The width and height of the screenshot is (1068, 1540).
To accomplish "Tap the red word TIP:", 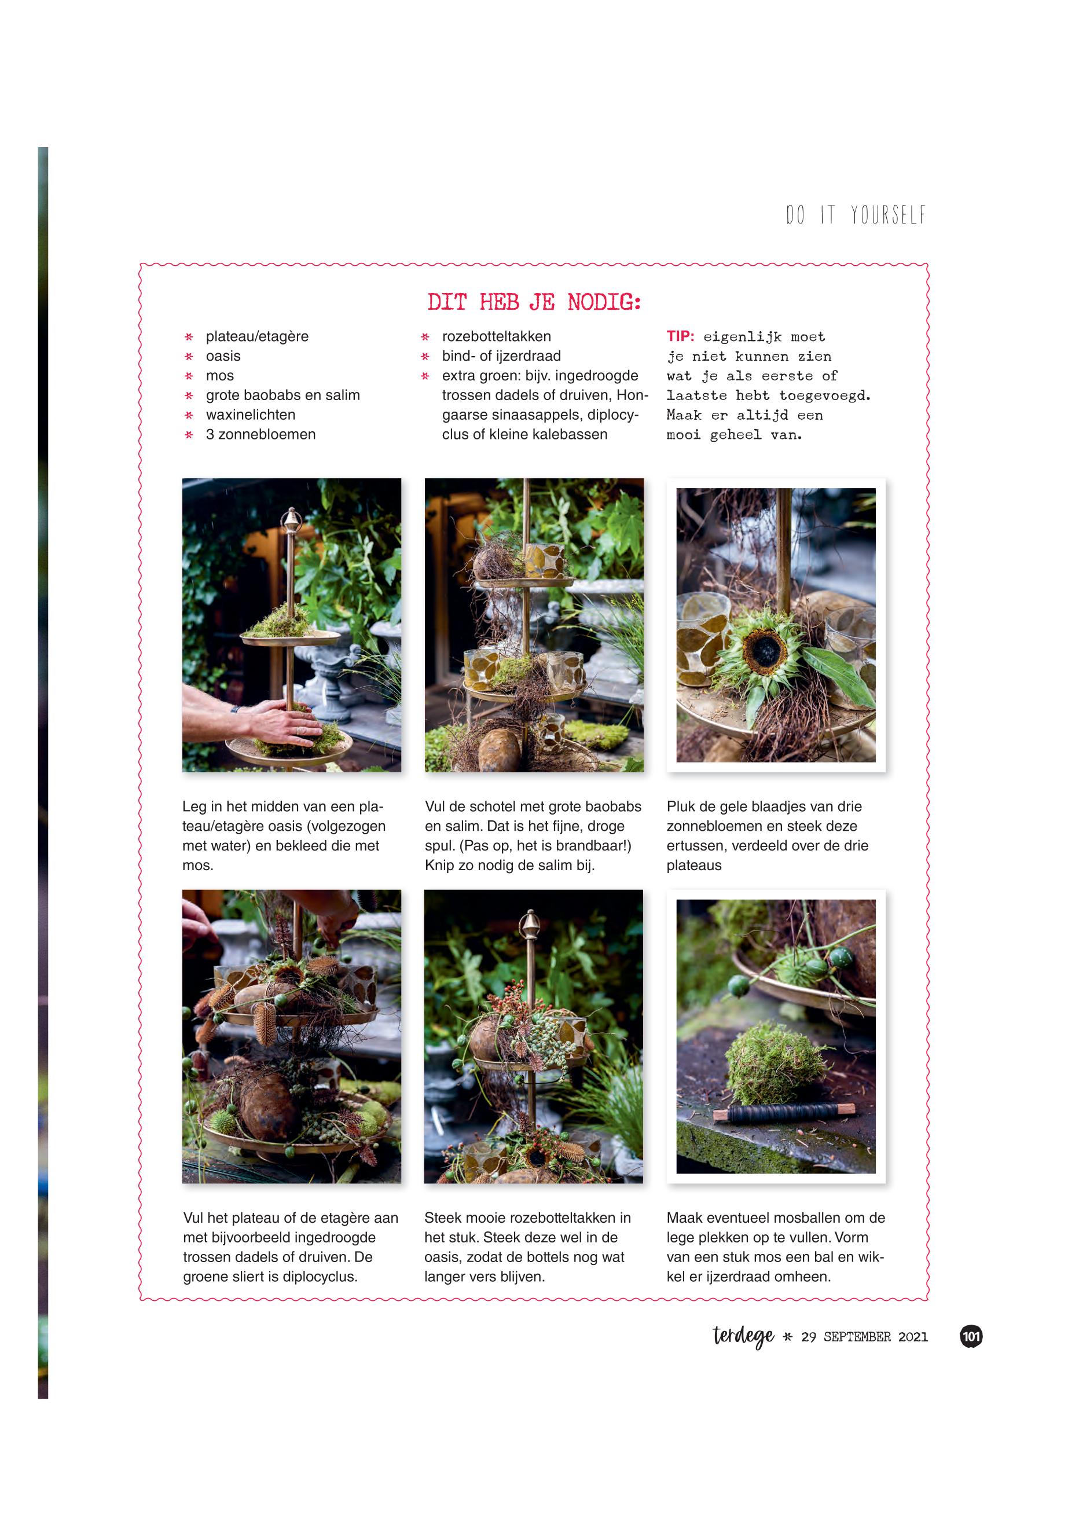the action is (x=681, y=336).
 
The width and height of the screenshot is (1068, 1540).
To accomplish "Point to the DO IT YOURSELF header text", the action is (x=856, y=215).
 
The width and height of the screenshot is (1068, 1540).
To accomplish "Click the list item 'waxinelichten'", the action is (x=250, y=415).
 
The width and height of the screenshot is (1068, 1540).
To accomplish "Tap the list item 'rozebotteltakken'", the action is (x=497, y=336).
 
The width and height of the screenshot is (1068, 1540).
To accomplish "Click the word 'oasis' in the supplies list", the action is (x=223, y=355).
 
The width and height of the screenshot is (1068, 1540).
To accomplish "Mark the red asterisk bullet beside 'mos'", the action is (x=189, y=376).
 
